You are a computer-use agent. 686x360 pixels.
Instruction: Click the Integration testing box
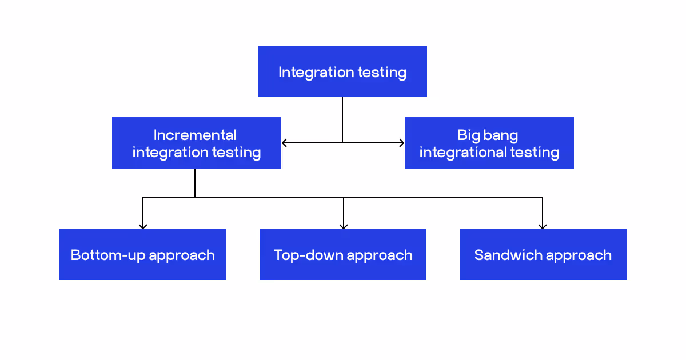pyautogui.click(x=342, y=71)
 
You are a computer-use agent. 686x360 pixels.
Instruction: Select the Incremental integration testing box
pyautogui.click(x=196, y=143)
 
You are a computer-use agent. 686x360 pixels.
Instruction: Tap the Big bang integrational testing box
pyautogui.click(x=489, y=143)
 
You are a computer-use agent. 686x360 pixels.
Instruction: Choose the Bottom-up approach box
pyautogui.click(x=143, y=254)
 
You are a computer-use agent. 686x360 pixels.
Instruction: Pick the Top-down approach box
pyautogui.click(x=343, y=254)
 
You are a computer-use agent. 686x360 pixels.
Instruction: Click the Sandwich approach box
pyautogui.click(x=543, y=254)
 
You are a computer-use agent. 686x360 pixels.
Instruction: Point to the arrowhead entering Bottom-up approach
pyautogui.click(x=143, y=226)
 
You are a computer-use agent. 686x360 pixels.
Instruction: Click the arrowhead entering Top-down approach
pyautogui.click(x=343, y=226)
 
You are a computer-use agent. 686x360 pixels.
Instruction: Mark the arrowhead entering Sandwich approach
pyautogui.click(x=543, y=226)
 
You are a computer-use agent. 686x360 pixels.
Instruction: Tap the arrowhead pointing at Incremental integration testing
pyautogui.click(x=284, y=143)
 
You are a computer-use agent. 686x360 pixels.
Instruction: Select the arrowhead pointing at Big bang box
pyautogui.click(x=401, y=143)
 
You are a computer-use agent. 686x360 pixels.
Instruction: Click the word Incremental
pyautogui.click(x=195, y=135)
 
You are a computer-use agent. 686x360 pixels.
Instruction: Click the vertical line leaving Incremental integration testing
pyautogui.click(x=195, y=183)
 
